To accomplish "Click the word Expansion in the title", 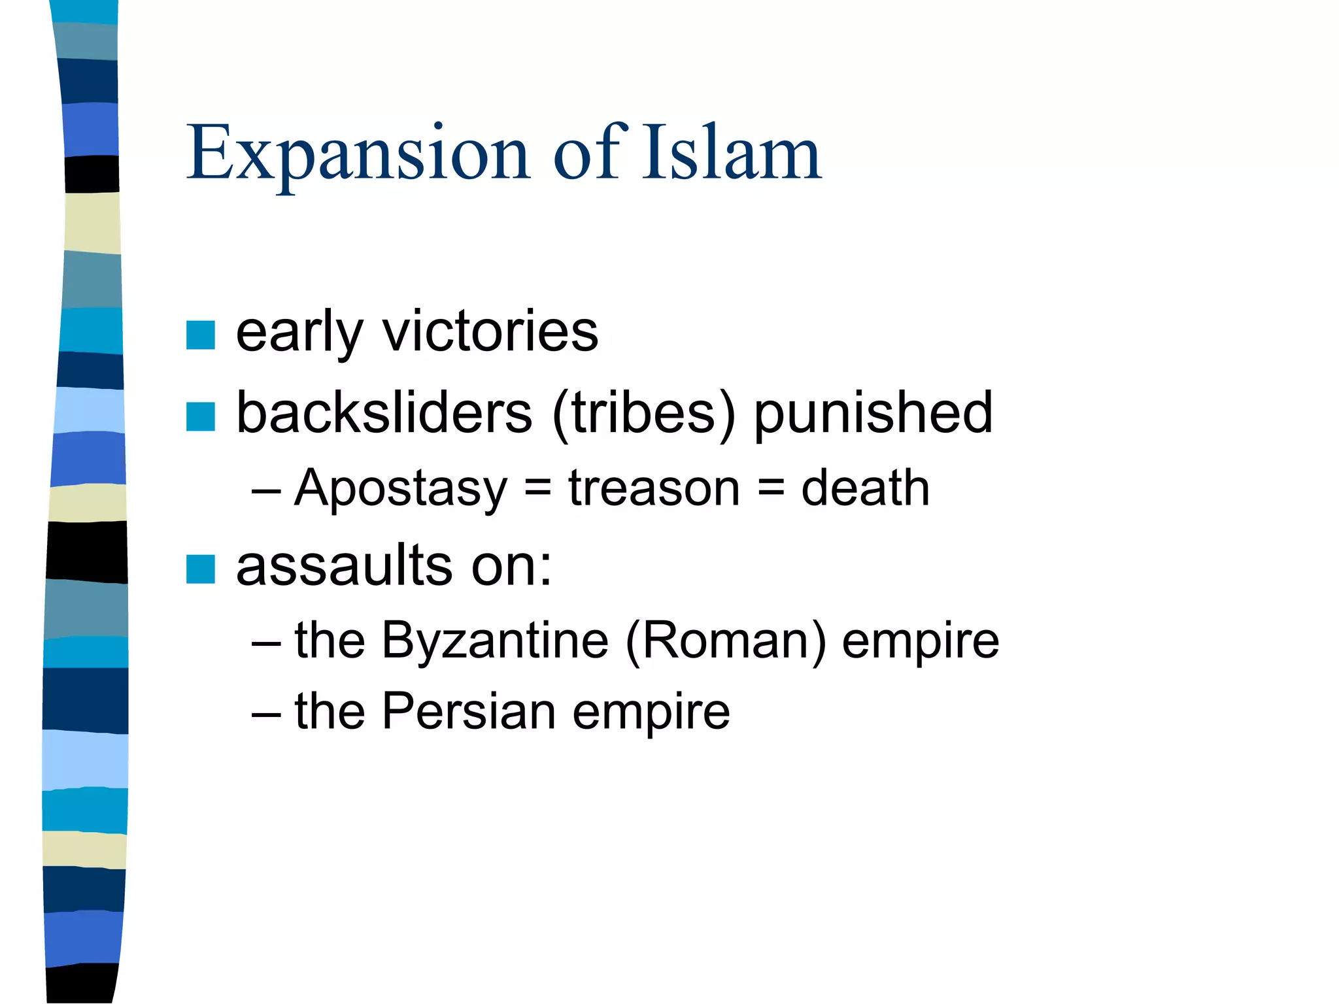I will tap(358, 154).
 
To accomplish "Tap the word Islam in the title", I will tap(731, 153).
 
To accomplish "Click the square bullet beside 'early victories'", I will tap(200, 335).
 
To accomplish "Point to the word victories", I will tap(490, 331).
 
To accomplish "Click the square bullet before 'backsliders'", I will tap(200, 416).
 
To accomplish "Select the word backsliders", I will tap(384, 412).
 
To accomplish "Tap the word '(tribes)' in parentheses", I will tap(644, 414).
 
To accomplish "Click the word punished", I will tap(873, 414).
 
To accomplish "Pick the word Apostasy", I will tap(401, 489).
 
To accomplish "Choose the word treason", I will tap(654, 489).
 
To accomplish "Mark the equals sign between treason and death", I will tap(771, 489).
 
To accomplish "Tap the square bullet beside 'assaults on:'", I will tap(200, 569).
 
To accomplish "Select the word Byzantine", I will tap(495, 641).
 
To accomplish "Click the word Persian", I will tap(468, 711).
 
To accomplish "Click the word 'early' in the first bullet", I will tap(299, 333).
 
